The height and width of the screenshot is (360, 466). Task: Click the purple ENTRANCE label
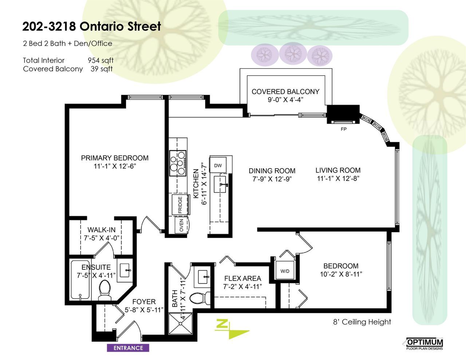tap(128, 348)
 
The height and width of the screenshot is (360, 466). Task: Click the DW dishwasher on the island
tap(218, 166)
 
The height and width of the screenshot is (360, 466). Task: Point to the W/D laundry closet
tap(285, 271)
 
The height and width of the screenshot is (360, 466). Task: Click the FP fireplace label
tap(343, 129)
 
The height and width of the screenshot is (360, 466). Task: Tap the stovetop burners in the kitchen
tap(178, 163)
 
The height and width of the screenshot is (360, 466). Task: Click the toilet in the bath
tap(200, 298)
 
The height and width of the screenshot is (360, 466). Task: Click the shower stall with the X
tap(182, 327)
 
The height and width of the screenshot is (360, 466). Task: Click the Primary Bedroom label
tap(115, 158)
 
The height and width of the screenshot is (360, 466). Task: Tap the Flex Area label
tap(242, 278)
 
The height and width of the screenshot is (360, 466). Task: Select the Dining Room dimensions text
tap(272, 179)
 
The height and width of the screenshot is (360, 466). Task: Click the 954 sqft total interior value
tap(100, 60)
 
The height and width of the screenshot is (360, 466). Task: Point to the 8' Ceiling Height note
tap(362, 322)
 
